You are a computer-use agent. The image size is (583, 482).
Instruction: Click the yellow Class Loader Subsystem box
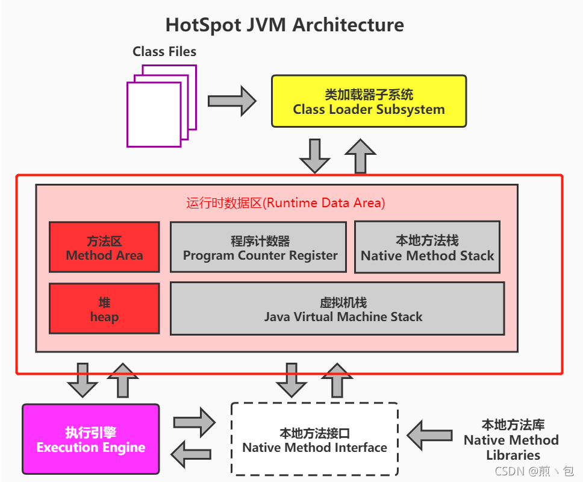click(x=369, y=101)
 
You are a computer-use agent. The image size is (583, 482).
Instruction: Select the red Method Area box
click(x=104, y=247)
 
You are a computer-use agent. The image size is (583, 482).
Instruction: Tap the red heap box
click(x=104, y=308)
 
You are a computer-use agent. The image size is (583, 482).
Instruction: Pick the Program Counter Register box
click(x=258, y=247)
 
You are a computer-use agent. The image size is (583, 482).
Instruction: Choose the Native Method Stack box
click(x=427, y=247)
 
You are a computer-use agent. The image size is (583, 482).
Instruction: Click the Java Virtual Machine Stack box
click(x=337, y=308)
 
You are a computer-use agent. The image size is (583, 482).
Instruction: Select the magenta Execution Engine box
click(x=91, y=439)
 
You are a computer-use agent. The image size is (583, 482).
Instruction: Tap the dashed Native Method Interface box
click(x=314, y=439)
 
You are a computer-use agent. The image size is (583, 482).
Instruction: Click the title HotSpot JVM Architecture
click(x=285, y=25)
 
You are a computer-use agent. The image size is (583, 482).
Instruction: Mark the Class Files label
click(x=164, y=51)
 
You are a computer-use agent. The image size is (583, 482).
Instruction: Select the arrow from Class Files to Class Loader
click(x=232, y=101)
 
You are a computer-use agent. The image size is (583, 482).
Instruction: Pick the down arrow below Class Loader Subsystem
click(x=314, y=155)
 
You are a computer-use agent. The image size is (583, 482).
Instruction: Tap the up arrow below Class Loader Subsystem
click(x=360, y=155)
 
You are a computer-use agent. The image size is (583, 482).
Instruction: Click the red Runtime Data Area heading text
click(x=285, y=203)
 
